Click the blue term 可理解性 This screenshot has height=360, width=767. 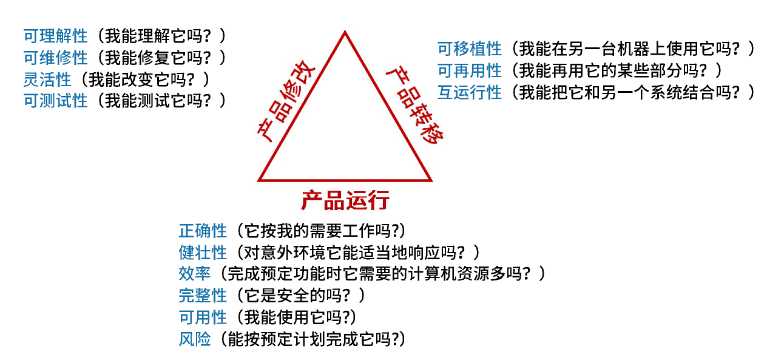tap(55, 36)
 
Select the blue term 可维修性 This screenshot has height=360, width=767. tap(55, 58)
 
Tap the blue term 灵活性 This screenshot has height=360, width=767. tap(47, 79)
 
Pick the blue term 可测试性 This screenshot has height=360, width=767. tap(55, 101)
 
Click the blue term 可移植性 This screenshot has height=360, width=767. tap(470, 49)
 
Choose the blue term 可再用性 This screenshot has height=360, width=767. tap(470, 70)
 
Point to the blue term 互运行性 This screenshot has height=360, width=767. tap(470, 92)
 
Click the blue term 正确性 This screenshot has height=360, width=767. tap(203, 231)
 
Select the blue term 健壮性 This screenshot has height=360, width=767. tap(203, 252)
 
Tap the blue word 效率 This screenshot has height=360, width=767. tap(195, 274)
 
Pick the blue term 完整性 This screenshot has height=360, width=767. tap(203, 296)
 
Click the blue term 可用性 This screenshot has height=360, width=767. tap(203, 317)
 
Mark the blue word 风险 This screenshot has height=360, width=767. tap(195, 339)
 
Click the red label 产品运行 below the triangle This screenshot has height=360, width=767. tap(345, 200)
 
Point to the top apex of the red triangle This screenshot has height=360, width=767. tap(345, 33)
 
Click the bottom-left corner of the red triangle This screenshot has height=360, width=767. tap(260, 180)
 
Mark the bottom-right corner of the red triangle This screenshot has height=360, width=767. tap(430, 180)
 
